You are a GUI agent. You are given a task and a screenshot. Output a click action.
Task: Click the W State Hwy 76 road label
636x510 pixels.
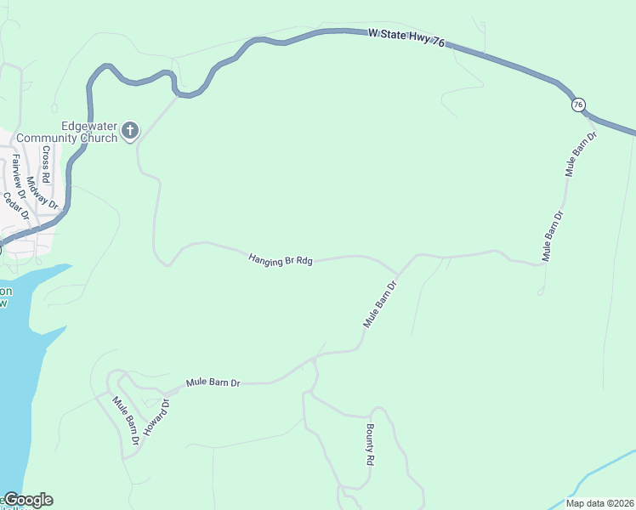coord(406,42)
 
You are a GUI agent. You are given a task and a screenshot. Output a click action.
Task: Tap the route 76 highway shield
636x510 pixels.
coord(578,105)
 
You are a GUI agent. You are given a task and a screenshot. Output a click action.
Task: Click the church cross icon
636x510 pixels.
coord(129,130)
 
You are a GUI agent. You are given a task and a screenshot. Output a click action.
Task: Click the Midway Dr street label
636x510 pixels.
coord(42,193)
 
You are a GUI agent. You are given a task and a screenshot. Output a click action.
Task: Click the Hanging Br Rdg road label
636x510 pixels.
coord(281,259)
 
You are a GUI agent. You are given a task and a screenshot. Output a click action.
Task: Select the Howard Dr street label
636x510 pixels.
coord(156,417)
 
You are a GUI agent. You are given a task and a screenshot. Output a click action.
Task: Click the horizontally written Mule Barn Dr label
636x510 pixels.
coord(213,383)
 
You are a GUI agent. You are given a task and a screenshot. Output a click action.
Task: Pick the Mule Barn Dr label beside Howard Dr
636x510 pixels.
coord(126,422)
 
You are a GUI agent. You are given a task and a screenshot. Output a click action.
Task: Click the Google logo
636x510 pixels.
coord(28,500)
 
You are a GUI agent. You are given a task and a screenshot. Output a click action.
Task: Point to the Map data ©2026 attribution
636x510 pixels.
coord(599,503)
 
